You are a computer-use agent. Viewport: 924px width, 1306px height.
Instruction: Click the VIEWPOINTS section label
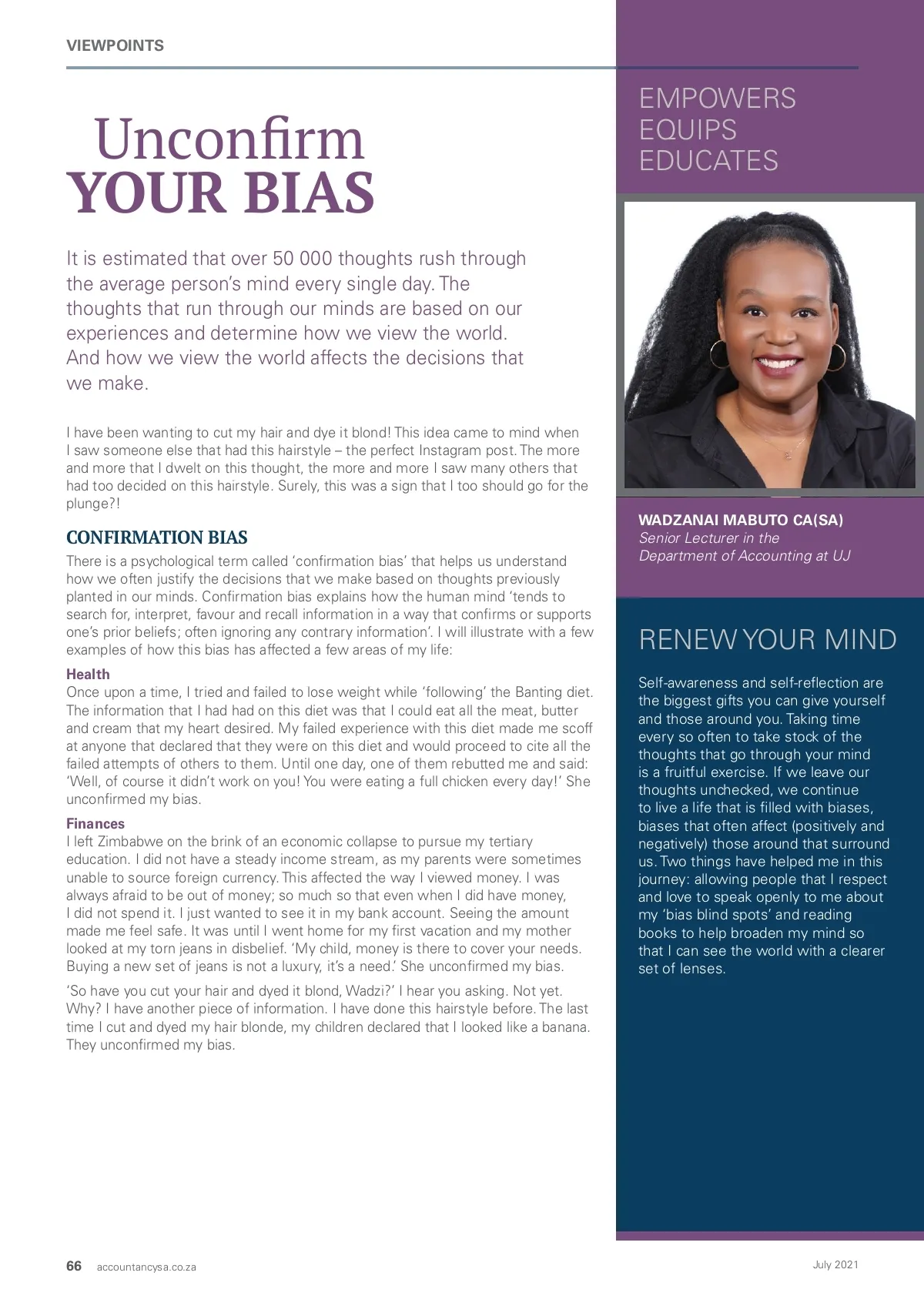(x=115, y=45)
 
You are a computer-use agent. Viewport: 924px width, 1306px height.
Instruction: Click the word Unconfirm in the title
(x=229, y=139)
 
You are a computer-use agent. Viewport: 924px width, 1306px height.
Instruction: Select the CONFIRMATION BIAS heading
(x=156, y=537)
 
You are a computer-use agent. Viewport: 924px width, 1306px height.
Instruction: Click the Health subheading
(x=88, y=674)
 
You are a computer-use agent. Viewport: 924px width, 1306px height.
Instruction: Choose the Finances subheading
(x=95, y=823)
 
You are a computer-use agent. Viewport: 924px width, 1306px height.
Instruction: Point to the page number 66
(x=74, y=1266)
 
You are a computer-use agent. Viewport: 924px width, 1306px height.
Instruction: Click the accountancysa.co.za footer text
(x=146, y=1267)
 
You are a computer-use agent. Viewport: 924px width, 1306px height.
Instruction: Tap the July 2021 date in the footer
(x=835, y=1264)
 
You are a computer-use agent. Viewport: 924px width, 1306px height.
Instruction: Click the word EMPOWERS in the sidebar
(x=717, y=99)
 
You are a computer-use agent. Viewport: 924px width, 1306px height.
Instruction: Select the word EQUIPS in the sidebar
(x=688, y=130)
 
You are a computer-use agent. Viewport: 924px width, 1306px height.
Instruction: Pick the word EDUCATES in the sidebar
(x=708, y=161)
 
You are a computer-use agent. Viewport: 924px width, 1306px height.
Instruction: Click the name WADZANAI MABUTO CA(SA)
(x=741, y=520)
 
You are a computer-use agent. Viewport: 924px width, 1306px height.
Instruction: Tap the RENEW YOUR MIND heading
(x=768, y=640)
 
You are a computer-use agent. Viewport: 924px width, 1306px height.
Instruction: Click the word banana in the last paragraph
(x=564, y=1027)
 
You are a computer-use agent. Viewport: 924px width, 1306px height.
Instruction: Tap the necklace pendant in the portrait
(x=787, y=455)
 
